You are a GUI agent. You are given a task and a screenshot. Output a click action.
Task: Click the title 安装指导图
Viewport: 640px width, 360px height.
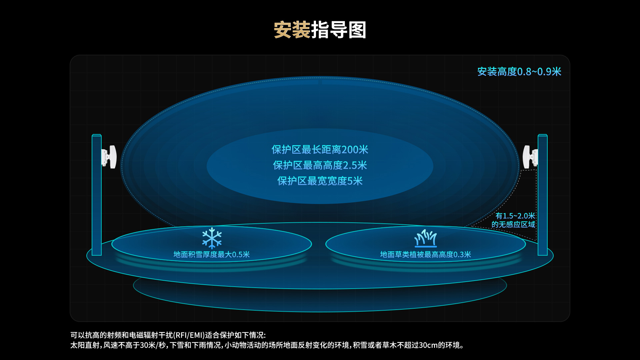320,30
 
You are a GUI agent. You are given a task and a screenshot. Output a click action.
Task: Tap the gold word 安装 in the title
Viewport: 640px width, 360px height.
292,30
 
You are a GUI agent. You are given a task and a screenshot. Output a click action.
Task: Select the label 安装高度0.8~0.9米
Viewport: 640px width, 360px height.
519,72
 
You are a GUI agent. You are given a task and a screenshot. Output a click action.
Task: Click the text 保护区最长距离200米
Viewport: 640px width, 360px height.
320,150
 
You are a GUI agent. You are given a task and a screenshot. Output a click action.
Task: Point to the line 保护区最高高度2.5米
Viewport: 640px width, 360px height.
320,165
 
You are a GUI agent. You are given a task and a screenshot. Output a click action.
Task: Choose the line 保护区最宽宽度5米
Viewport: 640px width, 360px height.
320,181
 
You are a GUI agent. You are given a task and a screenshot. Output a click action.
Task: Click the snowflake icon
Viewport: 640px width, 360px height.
212,238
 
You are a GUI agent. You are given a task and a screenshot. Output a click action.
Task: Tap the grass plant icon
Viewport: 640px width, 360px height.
425,238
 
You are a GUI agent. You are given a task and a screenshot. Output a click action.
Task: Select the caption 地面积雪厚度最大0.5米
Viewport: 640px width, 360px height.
212,255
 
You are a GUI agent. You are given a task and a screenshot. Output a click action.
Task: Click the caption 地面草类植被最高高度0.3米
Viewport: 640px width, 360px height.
426,255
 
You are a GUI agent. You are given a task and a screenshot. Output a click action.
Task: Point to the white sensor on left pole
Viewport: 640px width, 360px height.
109,157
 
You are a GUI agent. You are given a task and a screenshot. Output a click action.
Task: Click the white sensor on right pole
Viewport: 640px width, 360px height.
530,157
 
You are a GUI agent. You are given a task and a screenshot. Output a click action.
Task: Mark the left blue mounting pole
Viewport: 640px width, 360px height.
97,195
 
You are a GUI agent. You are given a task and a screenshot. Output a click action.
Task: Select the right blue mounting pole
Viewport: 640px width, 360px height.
543,195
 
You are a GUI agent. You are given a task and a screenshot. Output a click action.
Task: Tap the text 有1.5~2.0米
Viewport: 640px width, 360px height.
515,216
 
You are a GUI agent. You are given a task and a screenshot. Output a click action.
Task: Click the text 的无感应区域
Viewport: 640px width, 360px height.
513,225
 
